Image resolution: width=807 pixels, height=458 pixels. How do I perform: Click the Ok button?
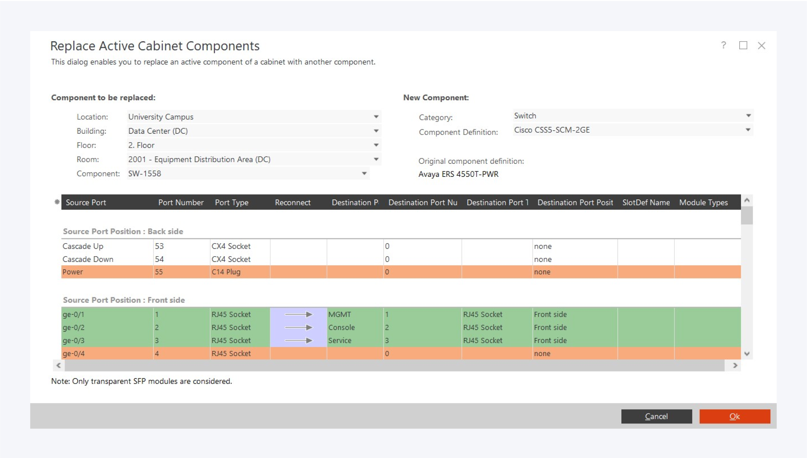pyautogui.click(x=735, y=416)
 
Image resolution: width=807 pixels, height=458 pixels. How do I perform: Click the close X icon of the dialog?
pyautogui.click(x=761, y=46)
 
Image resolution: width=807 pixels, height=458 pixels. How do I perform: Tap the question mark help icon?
pyautogui.click(x=723, y=45)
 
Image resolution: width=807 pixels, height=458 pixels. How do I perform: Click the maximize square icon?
pyautogui.click(x=743, y=45)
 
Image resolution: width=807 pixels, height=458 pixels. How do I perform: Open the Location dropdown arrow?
pyautogui.click(x=376, y=117)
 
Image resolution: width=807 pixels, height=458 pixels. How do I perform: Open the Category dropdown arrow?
pyautogui.click(x=748, y=116)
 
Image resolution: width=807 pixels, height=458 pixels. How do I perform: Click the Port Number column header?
pyautogui.click(x=181, y=202)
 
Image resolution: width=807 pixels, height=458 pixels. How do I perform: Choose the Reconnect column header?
pyautogui.click(x=293, y=202)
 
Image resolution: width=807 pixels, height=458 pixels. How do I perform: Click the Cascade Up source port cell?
pyautogui.click(x=83, y=246)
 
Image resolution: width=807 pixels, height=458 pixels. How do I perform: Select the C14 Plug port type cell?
pyautogui.click(x=226, y=272)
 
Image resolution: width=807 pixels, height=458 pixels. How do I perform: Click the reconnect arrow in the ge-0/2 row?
pyautogui.click(x=298, y=327)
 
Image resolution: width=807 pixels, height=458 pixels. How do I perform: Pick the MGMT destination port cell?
pyautogui.click(x=340, y=314)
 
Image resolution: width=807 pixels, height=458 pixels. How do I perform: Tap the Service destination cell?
pyautogui.click(x=340, y=340)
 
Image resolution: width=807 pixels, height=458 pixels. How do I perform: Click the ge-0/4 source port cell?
pyautogui.click(x=74, y=353)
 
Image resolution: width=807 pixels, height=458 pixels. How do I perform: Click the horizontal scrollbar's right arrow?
pyautogui.click(x=735, y=366)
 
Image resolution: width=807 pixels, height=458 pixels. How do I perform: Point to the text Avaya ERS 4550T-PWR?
pyautogui.click(x=458, y=174)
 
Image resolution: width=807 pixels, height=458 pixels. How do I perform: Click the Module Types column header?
pyautogui.click(x=703, y=202)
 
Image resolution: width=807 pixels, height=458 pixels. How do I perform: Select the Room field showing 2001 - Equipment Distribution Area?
pyautogui.click(x=253, y=159)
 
